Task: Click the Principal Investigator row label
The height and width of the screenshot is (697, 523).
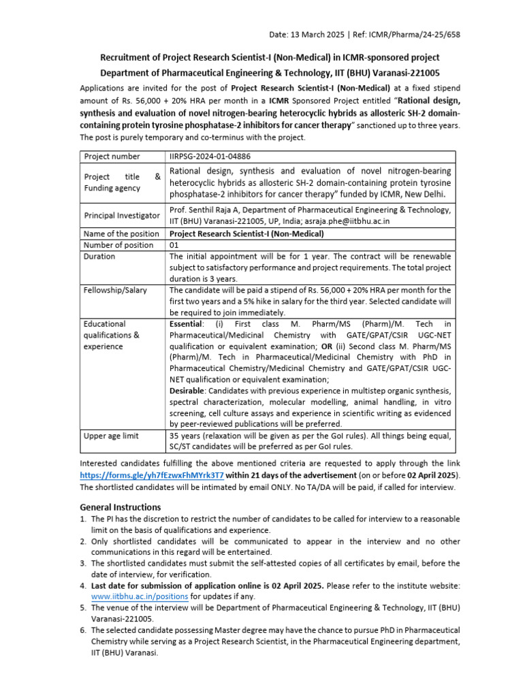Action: coord(121,215)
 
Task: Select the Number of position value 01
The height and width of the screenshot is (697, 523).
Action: coord(174,245)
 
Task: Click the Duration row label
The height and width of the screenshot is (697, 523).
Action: coord(99,257)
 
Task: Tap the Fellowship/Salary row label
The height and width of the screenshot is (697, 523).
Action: coord(115,290)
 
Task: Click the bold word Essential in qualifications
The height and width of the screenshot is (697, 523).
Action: coord(186,324)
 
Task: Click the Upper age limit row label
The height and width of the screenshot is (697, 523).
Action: coord(112,436)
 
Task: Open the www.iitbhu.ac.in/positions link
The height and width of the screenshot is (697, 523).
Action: coord(140,596)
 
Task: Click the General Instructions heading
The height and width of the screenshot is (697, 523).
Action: coord(121,507)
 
